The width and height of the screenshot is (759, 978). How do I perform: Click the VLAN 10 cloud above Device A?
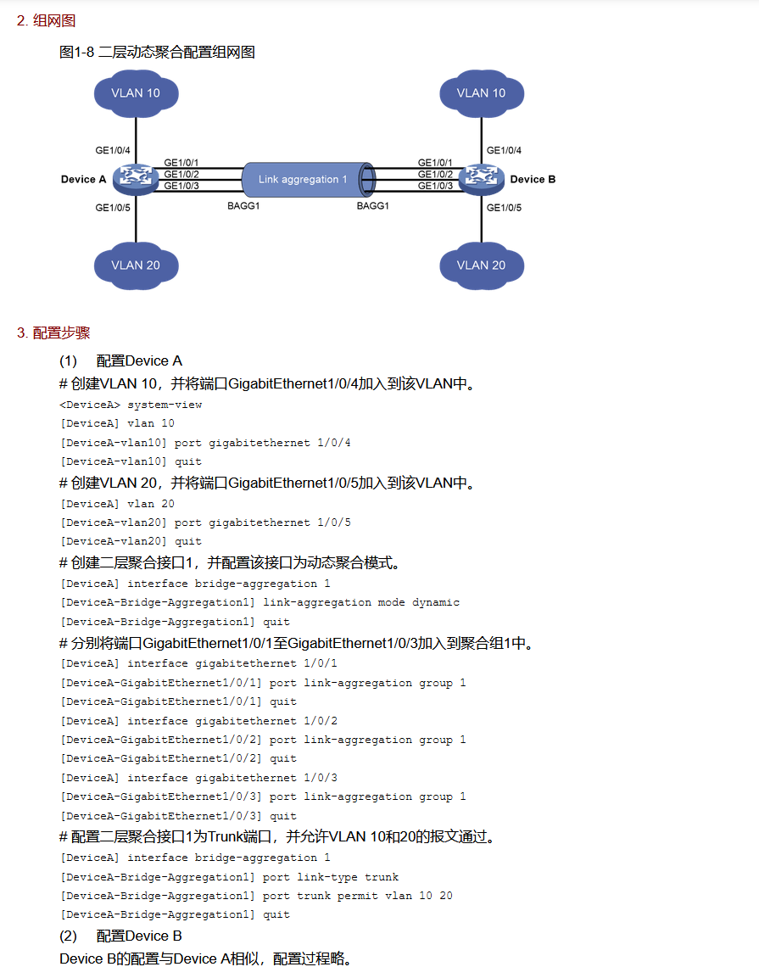(x=136, y=92)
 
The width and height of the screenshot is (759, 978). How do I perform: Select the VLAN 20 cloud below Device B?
(x=481, y=265)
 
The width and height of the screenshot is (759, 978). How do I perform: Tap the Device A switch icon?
(x=133, y=177)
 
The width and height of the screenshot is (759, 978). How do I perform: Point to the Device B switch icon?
(x=481, y=178)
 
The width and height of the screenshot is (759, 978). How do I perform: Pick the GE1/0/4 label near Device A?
(x=113, y=151)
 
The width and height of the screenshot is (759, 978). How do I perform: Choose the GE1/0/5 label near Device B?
(x=504, y=207)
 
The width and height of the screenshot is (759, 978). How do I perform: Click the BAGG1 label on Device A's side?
(x=244, y=206)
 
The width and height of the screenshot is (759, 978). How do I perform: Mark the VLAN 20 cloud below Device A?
(x=136, y=265)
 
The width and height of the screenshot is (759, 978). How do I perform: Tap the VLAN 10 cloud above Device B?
(x=481, y=92)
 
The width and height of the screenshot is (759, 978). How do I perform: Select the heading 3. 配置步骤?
(x=53, y=333)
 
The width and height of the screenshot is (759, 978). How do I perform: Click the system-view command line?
(x=131, y=405)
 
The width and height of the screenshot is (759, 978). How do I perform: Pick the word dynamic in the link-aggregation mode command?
(x=436, y=602)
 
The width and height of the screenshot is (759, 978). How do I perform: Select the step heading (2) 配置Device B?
(x=120, y=936)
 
